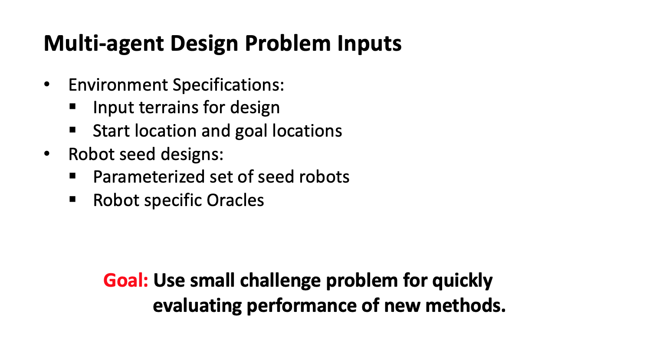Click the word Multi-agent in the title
click(x=104, y=44)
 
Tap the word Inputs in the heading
click(x=369, y=44)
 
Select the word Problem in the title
click(x=288, y=43)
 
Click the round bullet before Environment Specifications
click(x=47, y=85)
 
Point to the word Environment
click(x=118, y=85)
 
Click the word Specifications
click(x=228, y=85)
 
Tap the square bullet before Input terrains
click(x=72, y=106)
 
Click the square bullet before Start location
click(x=72, y=130)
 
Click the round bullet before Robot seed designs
click(x=47, y=154)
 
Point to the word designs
click(x=192, y=154)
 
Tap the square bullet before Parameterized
click(x=72, y=176)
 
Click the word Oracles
click(x=236, y=200)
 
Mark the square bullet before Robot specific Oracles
click(x=72, y=200)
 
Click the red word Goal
click(x=126, y=280)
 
